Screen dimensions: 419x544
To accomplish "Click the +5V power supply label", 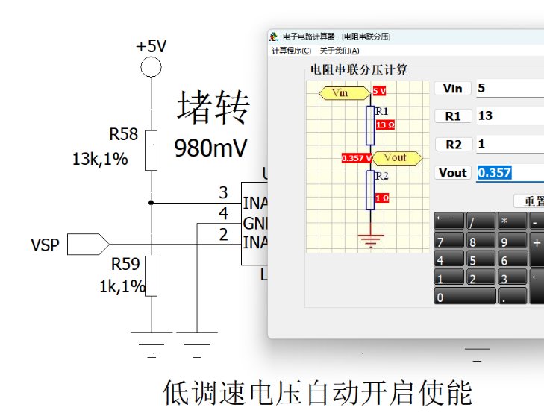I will (151, 46).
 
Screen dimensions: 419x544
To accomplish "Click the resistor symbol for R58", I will (151, 150).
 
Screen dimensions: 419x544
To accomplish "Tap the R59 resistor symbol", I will (151, 275).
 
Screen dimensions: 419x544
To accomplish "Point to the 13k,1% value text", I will (100, 159).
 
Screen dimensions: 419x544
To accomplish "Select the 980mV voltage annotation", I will (210, 148).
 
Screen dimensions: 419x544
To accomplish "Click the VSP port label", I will (45, 245).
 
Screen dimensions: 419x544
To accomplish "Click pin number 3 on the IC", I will (223, 193).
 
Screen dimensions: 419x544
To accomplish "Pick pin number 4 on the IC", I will (223, 214).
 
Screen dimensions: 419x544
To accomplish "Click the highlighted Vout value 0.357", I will (495, 172).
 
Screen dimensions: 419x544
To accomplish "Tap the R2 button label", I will (453, 145).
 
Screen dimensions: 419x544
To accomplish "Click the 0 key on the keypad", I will (465, 297).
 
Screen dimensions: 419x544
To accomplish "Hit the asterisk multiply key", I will (513, 221).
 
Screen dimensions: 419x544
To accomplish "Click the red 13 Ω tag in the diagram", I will (385, 125).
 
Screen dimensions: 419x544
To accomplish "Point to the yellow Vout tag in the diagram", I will (397, 157).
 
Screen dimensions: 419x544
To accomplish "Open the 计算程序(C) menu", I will (291, 51).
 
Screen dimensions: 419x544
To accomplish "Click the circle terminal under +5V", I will (151, 67).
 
